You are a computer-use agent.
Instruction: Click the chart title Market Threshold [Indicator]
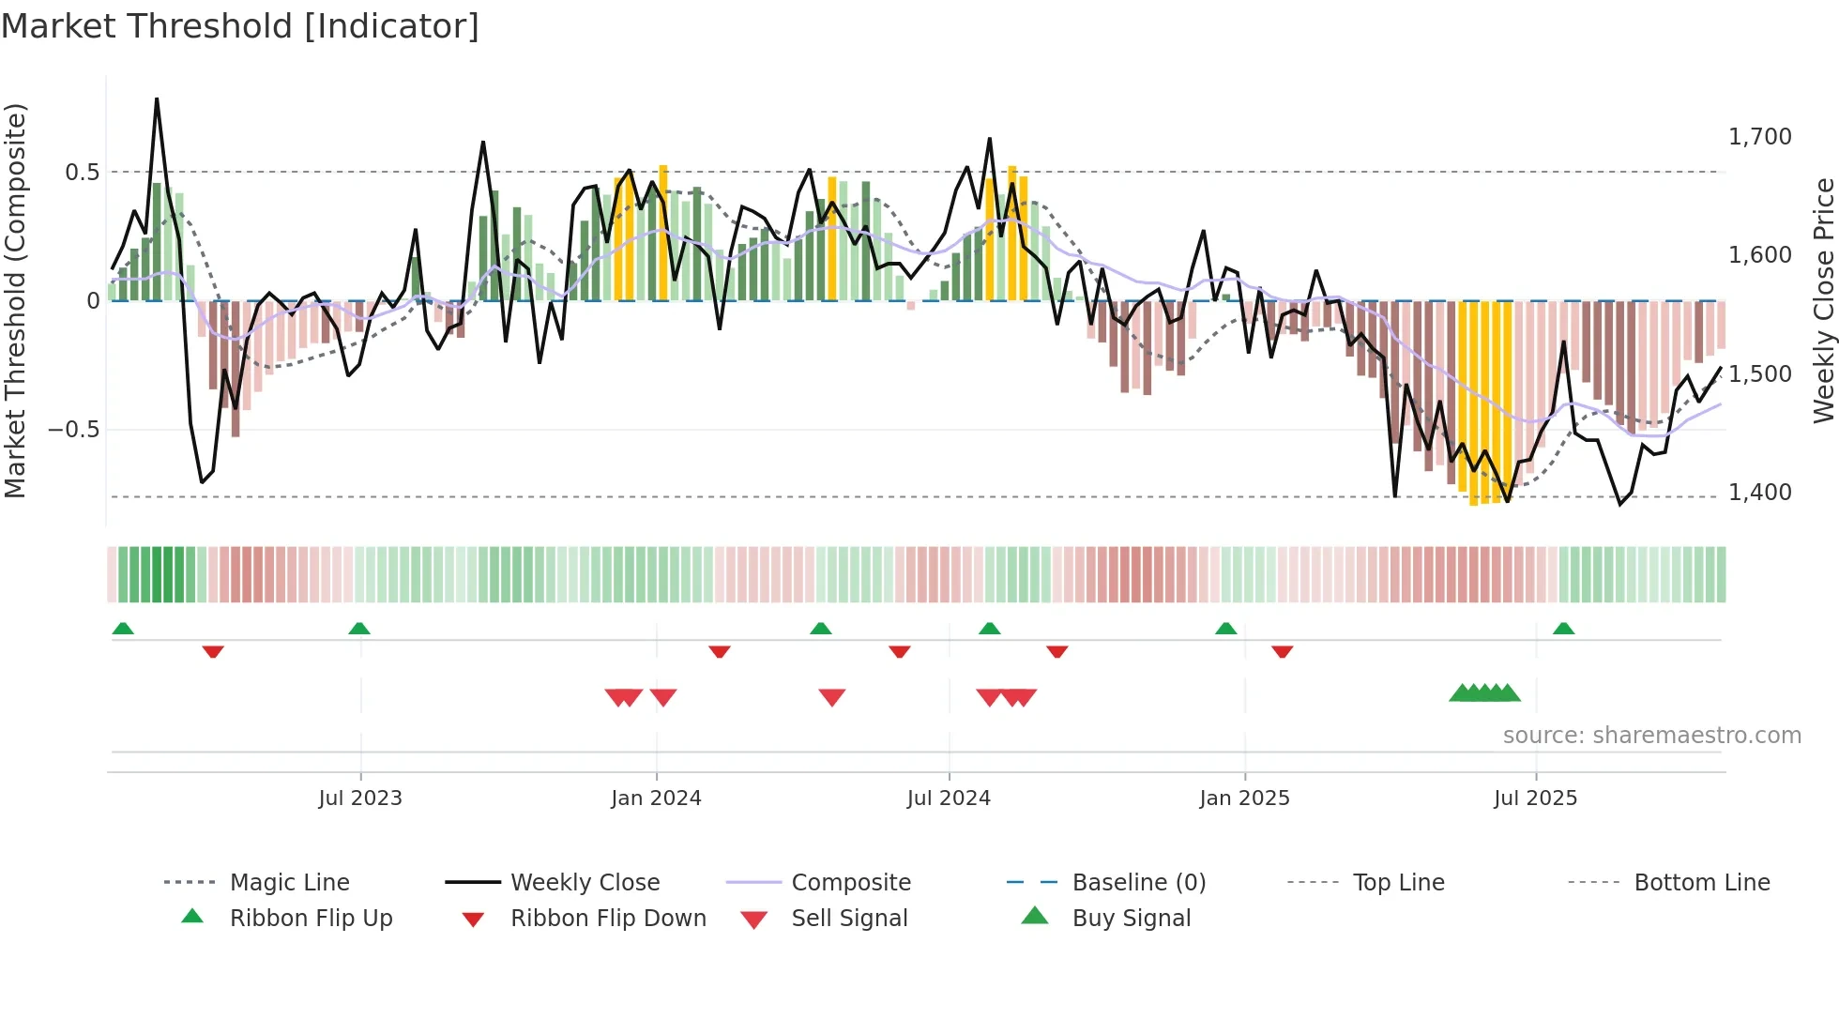coord(240,26)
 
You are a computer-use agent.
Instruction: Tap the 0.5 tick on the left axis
coord(82,172)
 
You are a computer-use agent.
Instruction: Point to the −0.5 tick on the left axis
coord(73,430)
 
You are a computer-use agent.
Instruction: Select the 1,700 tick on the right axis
coord(1759,137)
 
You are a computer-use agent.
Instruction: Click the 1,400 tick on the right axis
coord(1759,493)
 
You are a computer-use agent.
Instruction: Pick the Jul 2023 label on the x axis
coord(359,798)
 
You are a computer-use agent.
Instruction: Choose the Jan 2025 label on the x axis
coord(1244,798)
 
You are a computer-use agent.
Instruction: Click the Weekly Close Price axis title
coord(1823,300)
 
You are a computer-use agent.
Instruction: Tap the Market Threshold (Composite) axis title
coord(15,300)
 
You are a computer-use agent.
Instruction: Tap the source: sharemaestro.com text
coord(1651,736)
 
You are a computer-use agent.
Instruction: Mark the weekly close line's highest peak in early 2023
coord(157,99)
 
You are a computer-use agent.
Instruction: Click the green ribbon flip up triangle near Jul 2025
coord(1563,629)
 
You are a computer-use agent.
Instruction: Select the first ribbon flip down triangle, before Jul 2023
coord(213,651)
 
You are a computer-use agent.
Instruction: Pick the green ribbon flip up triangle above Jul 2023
coord(359,629)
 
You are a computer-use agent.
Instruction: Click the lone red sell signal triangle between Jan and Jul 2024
coord(832,697)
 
